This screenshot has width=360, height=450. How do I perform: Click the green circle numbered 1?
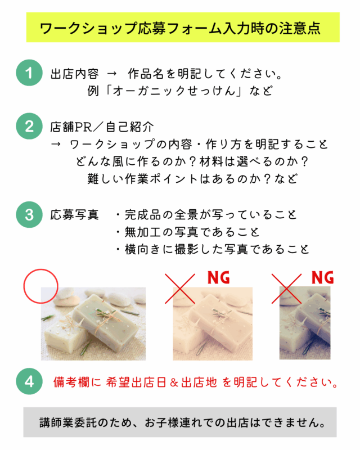pyautogui.click(x=29, y=73)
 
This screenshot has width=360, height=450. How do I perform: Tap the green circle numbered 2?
pyautogui.click(x=29, y=126)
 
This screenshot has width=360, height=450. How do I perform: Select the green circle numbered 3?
pyautogui.click(x=29, y=215)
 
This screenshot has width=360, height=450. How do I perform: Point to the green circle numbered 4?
pyautogui.click(x=29, y=381)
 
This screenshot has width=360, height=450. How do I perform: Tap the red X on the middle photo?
pyautogui.click(x=180, y=289)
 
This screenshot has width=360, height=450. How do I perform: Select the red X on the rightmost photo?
pyautogui.click(x=286, y=289)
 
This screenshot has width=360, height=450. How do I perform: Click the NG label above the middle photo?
pyautogui.click(x=219, y=277)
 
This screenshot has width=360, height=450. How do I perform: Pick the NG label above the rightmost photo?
pyautogui.click(x=323, y=277)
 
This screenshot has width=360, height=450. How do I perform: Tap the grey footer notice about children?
pyautogui.click(x=180, y=422)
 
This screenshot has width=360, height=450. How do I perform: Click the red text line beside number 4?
pyautogui.click(x=196, y=382)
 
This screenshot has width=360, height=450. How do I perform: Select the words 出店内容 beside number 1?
pyautogui.click(x=75, y=74)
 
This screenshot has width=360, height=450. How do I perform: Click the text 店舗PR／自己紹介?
pyautogui.click(x=102, y=127)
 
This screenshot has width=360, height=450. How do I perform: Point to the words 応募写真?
pyautogui.click(x=75, y=215)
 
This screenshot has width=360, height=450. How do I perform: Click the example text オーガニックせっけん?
pyautogui.click(x=174, y=91)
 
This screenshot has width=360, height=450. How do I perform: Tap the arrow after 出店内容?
pyautogui.click(x=112, y=74)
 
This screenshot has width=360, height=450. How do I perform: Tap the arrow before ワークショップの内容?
pyautogui.click(x=56, y=144)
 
